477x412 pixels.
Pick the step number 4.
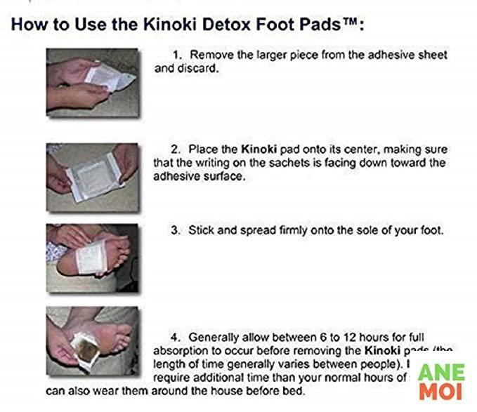coord(176,338)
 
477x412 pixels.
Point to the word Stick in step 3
coord(202,230)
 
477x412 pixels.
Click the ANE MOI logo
coord(440,380)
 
